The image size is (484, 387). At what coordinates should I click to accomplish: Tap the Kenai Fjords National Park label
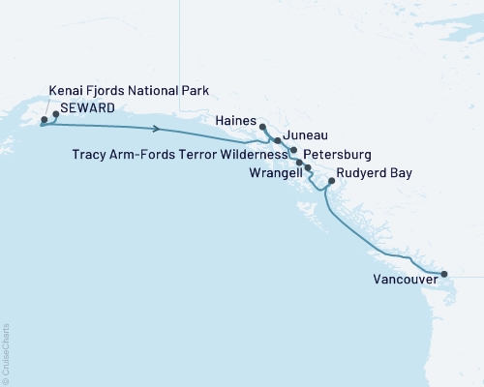129,91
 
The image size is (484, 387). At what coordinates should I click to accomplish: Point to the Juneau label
309,137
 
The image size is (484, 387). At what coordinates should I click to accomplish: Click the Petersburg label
337,154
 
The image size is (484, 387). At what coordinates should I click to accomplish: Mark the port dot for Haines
262,126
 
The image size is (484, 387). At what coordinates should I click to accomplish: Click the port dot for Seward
55,115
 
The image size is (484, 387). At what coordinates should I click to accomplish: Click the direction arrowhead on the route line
156,128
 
